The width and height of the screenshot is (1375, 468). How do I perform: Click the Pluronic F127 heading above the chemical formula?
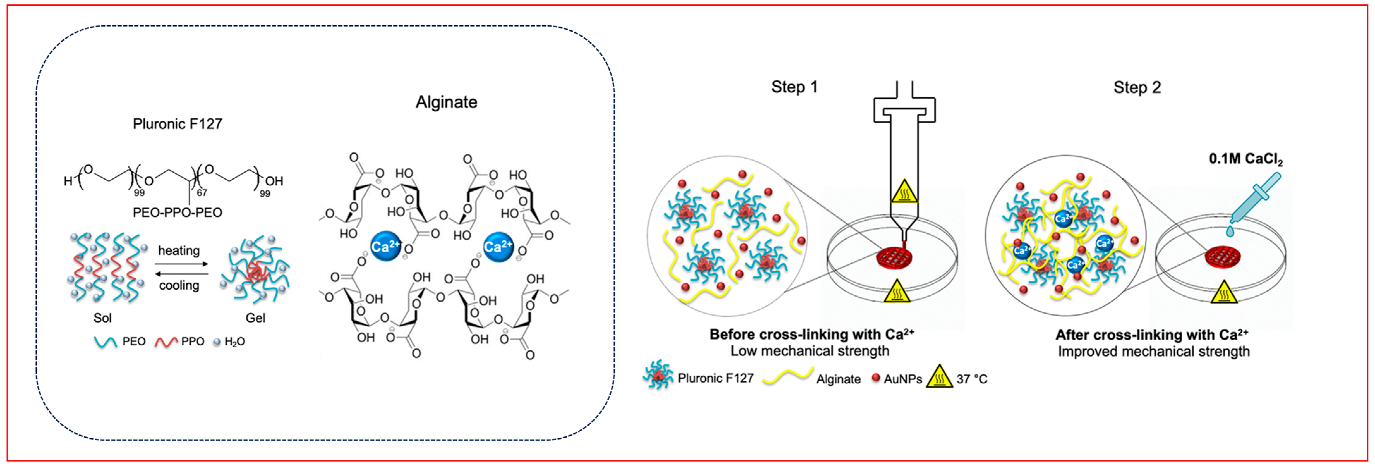click(177, 124)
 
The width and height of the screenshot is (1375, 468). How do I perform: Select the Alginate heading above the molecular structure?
click(447, 102)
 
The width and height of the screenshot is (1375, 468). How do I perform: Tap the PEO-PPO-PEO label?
click(177, 212)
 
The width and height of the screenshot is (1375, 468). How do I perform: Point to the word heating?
click(179, 250)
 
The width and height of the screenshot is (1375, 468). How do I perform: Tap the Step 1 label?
click(794, 87)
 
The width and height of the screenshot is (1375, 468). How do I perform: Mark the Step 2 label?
click(1137, 88)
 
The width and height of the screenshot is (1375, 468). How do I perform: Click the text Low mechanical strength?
click(810, 351)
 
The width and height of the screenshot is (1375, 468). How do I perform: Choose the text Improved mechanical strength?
click(1154, 352)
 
